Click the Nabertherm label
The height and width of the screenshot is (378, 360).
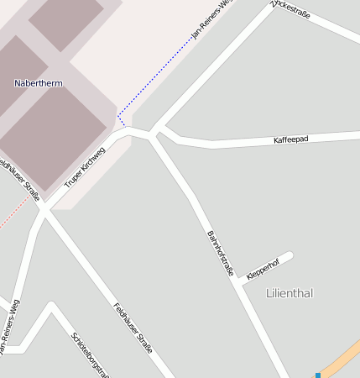click(x=39, y=83)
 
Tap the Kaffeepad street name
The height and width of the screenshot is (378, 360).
click(x=291, y=139)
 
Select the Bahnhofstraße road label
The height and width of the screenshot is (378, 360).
click(x=220, y=252)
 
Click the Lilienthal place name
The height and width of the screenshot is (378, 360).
click(x=289, y=293)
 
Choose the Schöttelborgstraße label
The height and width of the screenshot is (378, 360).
click(x=90, y=354)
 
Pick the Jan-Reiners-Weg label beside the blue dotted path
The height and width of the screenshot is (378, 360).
click(x=210, y=20)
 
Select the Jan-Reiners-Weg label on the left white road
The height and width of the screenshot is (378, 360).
click(x=11, y=325)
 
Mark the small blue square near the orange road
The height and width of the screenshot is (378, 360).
click(x=318, y=375)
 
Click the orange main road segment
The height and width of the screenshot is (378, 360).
click(x=344, y=358)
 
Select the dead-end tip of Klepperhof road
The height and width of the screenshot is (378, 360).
click(x=290, y=255)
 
